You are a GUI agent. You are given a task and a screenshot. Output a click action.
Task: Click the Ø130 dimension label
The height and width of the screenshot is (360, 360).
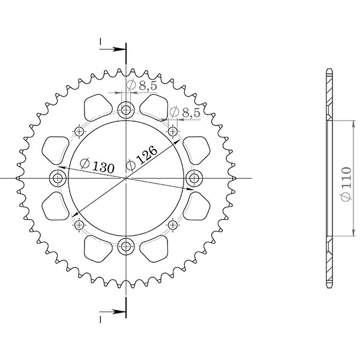[96, 167]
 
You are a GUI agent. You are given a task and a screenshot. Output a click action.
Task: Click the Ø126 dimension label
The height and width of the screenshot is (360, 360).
[144, 157]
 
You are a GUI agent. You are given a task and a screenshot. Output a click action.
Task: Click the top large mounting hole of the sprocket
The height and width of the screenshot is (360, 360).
[126, 110]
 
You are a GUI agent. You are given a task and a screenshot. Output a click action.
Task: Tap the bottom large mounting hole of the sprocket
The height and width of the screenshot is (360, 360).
[126, 245]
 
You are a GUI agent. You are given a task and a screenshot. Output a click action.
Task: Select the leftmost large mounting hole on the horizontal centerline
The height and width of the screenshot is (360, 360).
[58, 178]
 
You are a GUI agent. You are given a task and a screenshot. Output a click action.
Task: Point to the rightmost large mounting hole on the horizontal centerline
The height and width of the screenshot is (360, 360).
[194, 178]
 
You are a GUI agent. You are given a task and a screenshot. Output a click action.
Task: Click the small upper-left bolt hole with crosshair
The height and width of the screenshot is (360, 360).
[79, 131]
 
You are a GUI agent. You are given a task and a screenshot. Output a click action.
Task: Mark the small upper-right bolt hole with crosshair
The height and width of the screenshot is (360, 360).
[173, 131]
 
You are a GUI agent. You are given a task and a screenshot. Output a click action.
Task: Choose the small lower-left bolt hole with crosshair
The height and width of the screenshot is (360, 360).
[79, 224]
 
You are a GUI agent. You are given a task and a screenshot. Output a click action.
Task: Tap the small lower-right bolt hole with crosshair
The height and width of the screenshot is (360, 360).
[173, 224]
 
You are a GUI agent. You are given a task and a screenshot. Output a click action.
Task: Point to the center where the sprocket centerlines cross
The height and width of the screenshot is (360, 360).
[126, 178]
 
